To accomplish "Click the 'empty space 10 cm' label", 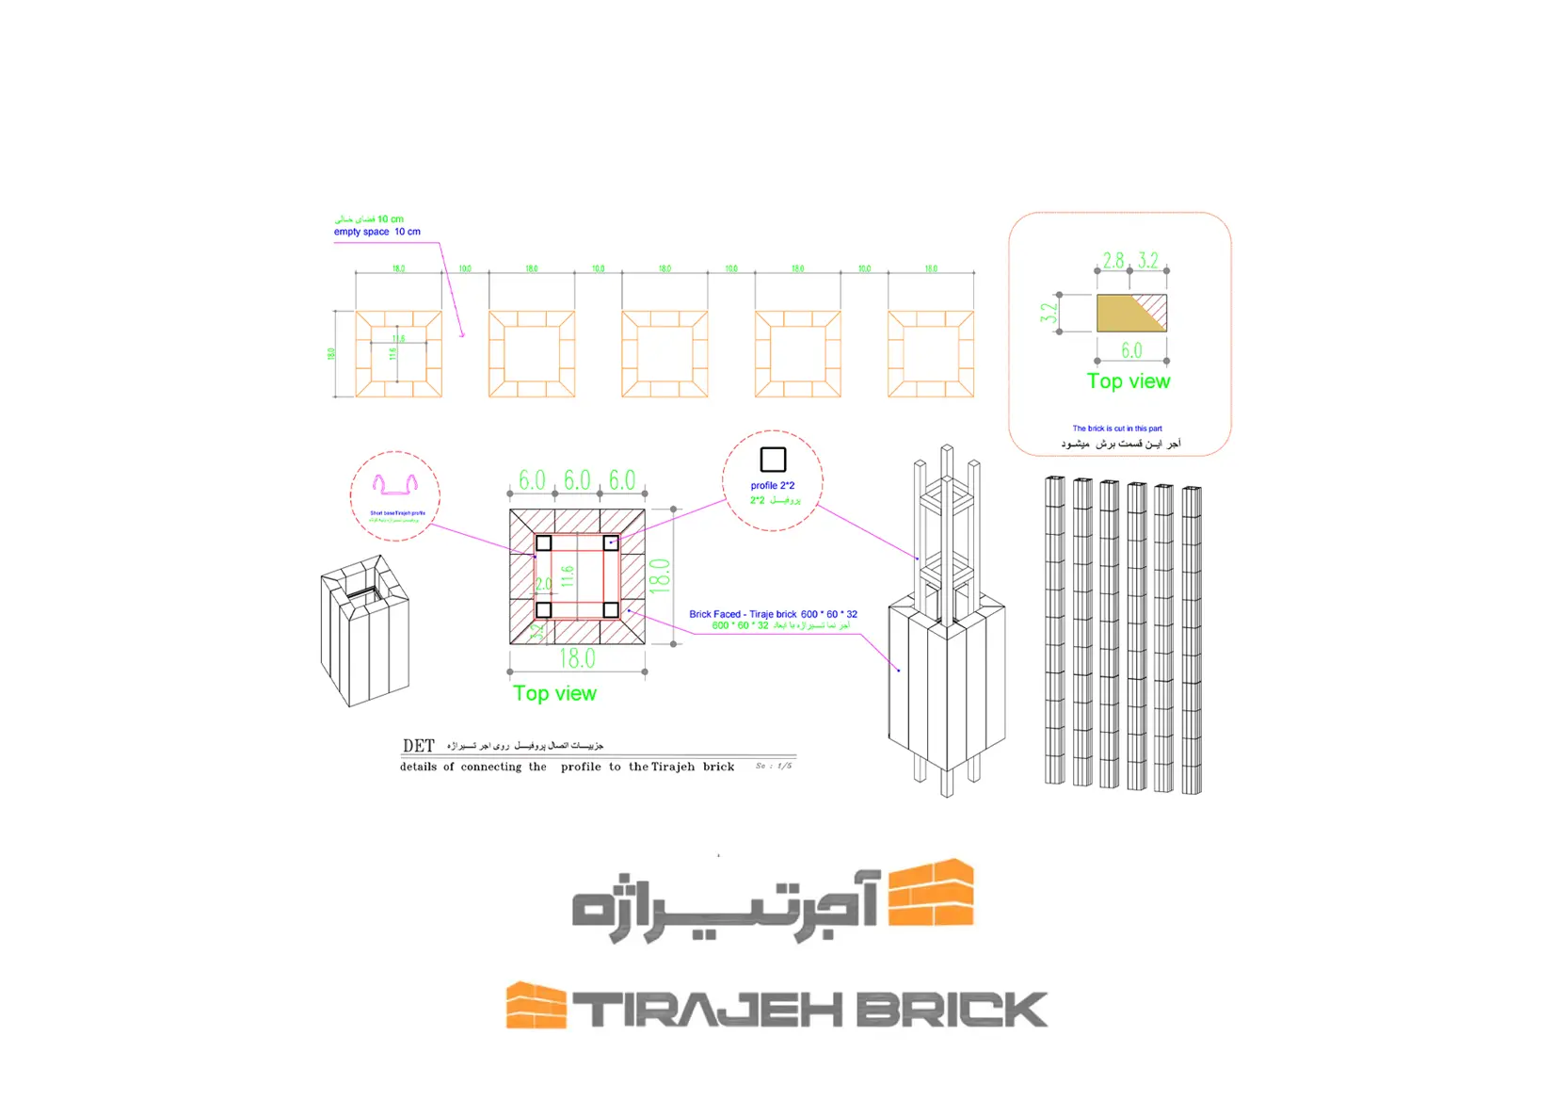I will (x=376, y=232).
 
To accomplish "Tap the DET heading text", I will (x=418, y=746).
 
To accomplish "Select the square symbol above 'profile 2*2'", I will (x=773, y=460).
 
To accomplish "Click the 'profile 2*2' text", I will (x=773, y=486).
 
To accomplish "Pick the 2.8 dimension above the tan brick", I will (x=1113, y=260).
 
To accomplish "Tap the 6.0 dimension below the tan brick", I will (x=1131, y=350).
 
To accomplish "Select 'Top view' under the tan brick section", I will (x=1129, y=381).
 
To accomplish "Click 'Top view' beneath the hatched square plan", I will (x=554, y=694).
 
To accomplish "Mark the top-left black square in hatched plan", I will (x=543, y=543).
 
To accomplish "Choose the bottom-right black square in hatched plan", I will (x=611, y=610).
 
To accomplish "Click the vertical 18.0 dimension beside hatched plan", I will (x=660, y=574).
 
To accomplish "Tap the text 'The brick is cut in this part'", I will (x=1117, y=429).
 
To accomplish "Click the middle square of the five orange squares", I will (x=664, y=354).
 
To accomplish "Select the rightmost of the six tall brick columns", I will (x=1192, y=639).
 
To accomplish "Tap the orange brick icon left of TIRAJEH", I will (x=536, y=1005).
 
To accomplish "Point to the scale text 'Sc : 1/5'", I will (x=774, y=766).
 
